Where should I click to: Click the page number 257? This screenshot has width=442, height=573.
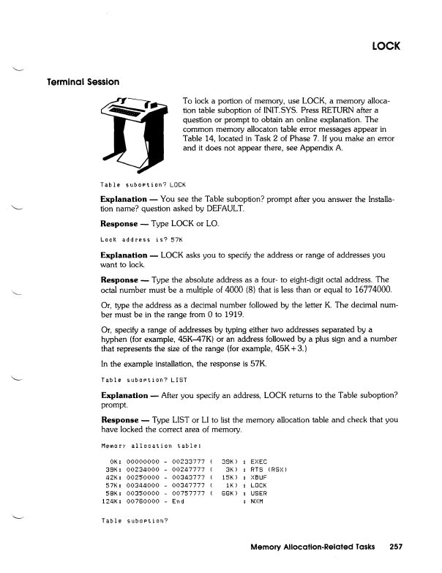pyautogui.click(x=397, y=546)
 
